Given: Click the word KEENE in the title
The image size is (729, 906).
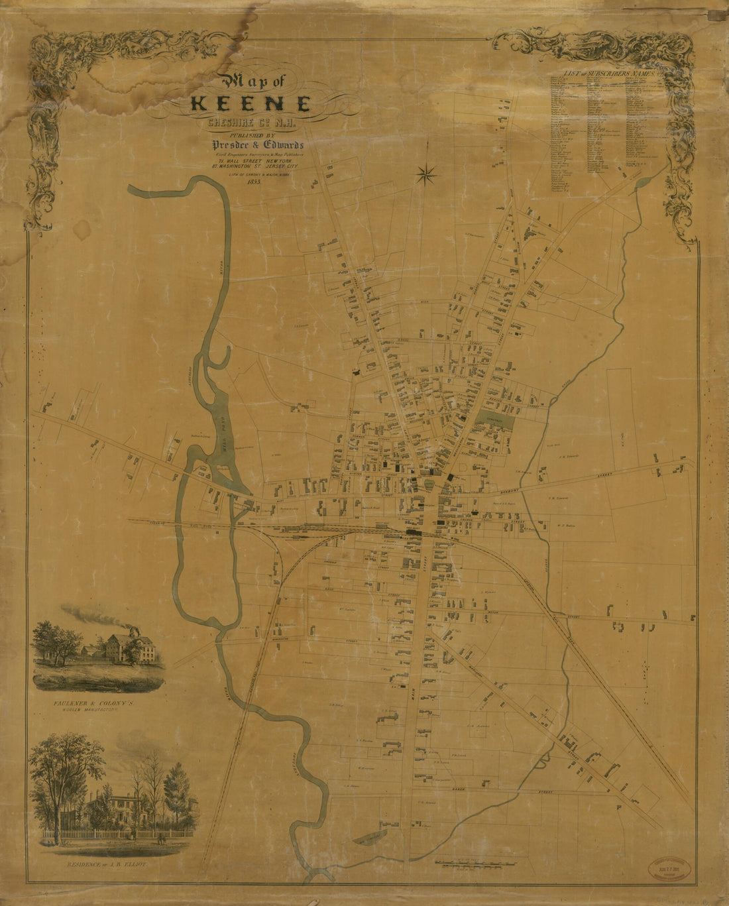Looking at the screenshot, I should point(251,105).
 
